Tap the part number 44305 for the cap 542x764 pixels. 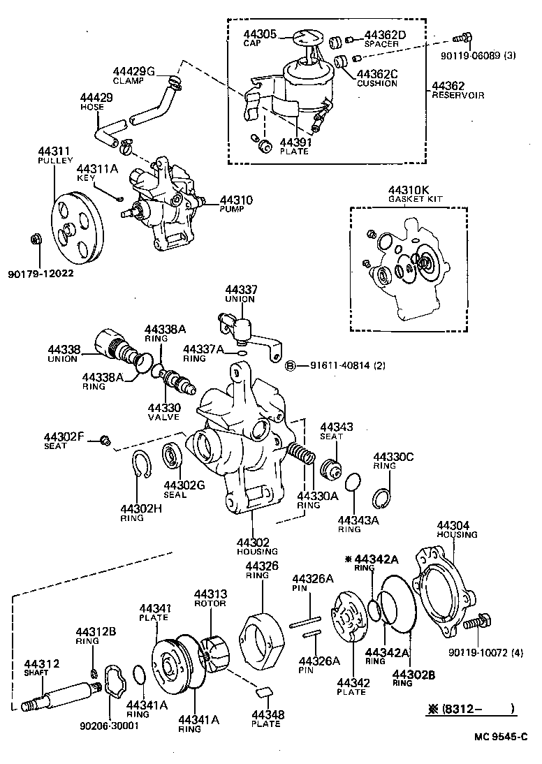pyautogui.click(x=260, y=33)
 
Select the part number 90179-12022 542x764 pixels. pyautogui.click(x=41, y=273)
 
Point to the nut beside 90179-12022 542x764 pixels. pyautogui.click(x=34, y=240)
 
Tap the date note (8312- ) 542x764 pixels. pyautogui.click(x=471, y=709)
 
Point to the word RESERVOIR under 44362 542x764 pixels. pyautogui.click(x=457, y=95)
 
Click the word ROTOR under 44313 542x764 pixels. pyautogui.click(x=210, y=603)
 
